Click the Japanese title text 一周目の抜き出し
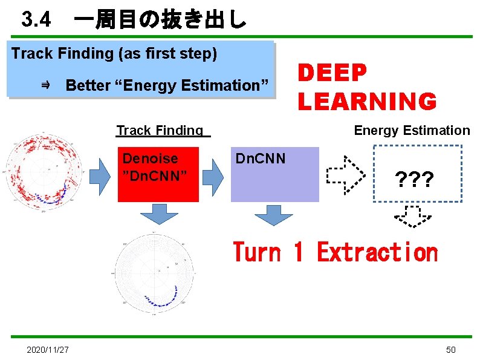[x=160, y=21]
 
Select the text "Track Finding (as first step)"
[x=114, y=53]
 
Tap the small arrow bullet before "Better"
[x=46, y=85]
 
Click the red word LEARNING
[x=366, y=101]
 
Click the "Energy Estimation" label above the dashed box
[x=411, y=130]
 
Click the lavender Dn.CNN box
[x=274, y=174]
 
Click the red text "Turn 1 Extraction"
[x=335, y=252]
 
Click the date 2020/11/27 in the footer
[x=47, y=350]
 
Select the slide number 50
[x=450, y=350]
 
